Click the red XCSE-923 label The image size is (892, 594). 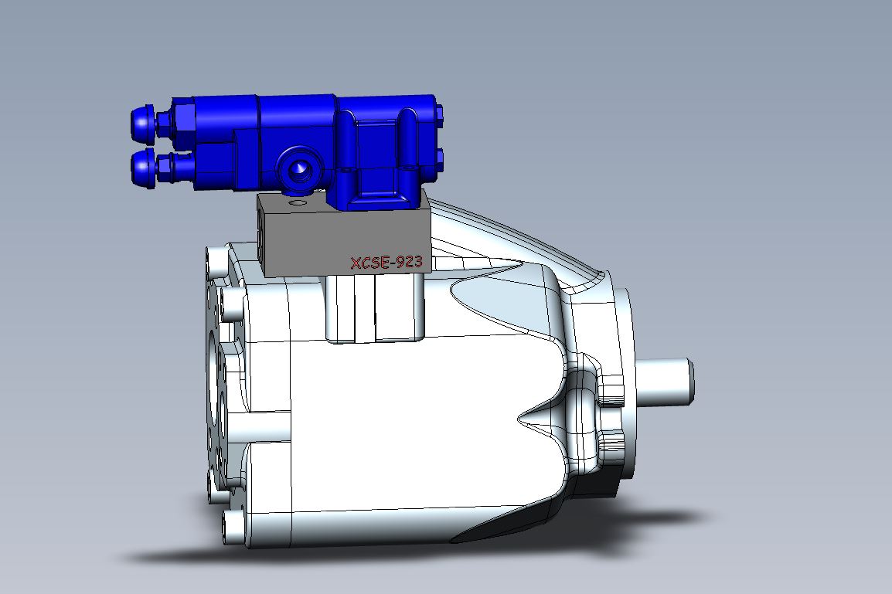pyautogui.click(x=386, y=262)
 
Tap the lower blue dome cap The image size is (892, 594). pyautogui.click(x=141, y=169)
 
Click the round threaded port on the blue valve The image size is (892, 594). pyautogui.click(x=298, y=168)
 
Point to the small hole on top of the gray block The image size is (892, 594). pyautogui.click(x=297, y=202)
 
